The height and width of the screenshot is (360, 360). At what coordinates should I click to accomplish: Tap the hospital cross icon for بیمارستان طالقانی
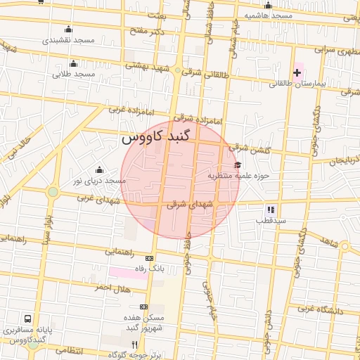297,72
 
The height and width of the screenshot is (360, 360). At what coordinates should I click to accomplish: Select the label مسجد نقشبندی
68,40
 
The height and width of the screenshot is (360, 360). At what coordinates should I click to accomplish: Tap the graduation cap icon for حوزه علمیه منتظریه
236,165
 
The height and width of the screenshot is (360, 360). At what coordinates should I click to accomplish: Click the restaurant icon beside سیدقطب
270,210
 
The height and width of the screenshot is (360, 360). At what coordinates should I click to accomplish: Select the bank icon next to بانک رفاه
149,258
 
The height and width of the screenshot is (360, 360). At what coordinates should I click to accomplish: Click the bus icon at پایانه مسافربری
27,318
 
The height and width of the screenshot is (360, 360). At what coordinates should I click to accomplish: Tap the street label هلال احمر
114,288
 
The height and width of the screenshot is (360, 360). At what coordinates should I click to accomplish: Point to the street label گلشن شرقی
247,148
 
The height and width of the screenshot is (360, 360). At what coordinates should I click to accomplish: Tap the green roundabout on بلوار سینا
52,191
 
